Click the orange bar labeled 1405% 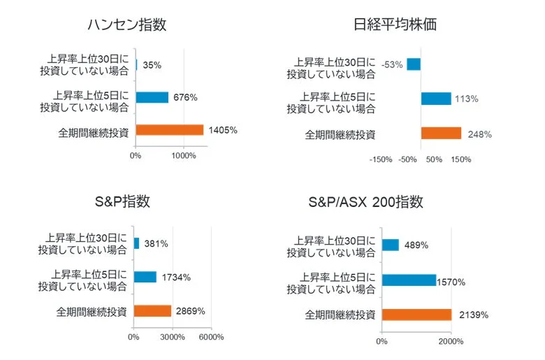[169, 130]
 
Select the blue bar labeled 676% [152, 97]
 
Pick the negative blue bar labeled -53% [414, 64]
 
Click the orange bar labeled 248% [441, 134]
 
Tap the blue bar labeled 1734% [145, 277]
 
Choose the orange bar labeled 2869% [152, 311]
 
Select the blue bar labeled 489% [390, 245]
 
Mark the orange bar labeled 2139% [416, 315]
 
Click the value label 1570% [451, 282]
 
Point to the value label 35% [152, 65]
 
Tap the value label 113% [466, 99]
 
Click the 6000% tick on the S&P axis [212, 337]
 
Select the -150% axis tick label [381, 159]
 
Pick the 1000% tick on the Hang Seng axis [184, 155]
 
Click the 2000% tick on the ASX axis [451, 342]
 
